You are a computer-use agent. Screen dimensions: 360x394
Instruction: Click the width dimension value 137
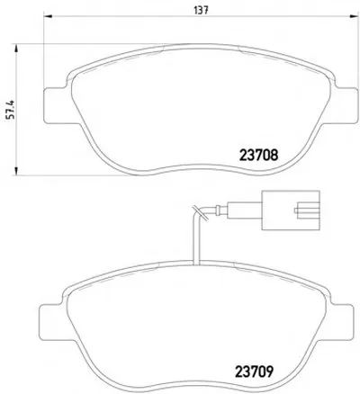point(201,11)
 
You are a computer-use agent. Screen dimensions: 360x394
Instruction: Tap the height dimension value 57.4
point(11,110)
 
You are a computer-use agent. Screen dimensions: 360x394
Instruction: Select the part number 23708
point(258,156)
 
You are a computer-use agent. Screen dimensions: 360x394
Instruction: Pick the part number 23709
point(254,371)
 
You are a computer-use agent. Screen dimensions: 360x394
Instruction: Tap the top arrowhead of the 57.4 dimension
point(16,49)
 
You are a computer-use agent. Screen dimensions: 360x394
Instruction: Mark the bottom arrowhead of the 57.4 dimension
point(16,171)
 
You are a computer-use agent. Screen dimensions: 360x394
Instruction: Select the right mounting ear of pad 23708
point(345,105)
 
